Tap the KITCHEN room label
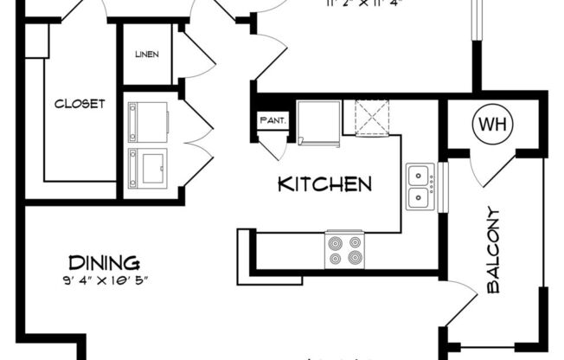[324, 184]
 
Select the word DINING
[103, 262]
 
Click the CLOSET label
[80, 104]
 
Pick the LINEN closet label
[146, 55]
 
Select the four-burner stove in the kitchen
[343, 249]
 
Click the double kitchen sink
[420, 187]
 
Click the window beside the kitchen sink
[444, 187]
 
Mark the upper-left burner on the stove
[334, 241]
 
